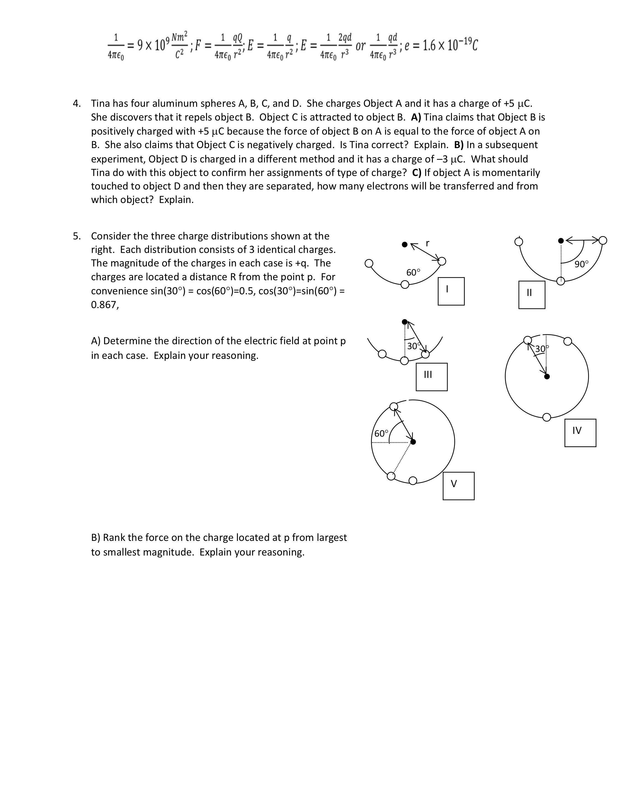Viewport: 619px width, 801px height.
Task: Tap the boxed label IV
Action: tap(580, 432)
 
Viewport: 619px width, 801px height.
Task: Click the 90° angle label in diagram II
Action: tap(581, 264)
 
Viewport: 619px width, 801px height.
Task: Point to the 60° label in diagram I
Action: tap(413, 273)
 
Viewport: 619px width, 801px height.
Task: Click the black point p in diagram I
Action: tap(404, 244)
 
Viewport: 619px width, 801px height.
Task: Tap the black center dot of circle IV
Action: tap(547, 376)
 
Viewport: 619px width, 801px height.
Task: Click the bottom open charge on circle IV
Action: tap(546, 417)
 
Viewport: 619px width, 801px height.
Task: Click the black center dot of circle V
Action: tap(413, 442)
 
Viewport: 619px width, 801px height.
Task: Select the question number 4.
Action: tap(76, 103)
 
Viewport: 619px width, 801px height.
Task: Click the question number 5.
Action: tap(76, 236)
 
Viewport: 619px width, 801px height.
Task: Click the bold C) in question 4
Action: tap(417, 172)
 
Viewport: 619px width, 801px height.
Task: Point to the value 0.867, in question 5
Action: tap(105, 305)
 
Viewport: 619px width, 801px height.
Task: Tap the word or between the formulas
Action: tap(361, 46)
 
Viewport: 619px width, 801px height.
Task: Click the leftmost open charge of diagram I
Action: tap(369, 264)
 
